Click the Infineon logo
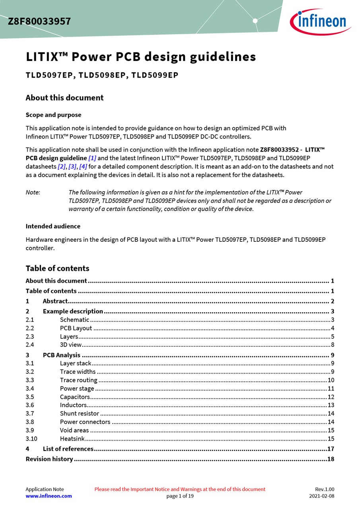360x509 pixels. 320,21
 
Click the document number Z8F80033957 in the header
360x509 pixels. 39,21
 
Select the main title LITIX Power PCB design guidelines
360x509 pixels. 141,57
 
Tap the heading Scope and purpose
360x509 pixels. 53,115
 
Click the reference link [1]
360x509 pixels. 92,158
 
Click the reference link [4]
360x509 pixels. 83,167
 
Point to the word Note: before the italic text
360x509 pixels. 33,192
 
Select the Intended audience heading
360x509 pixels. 53,226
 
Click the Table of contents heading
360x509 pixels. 57,268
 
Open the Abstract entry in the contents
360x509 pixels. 55,301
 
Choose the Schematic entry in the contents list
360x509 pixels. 74,320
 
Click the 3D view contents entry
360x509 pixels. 71,345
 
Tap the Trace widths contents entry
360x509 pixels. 78,372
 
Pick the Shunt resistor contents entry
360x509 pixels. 80,414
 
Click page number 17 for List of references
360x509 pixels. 331,449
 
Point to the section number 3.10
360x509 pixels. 31,439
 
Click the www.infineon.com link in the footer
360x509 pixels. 49,496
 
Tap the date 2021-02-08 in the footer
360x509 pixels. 322,496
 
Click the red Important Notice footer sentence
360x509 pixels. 180,490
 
